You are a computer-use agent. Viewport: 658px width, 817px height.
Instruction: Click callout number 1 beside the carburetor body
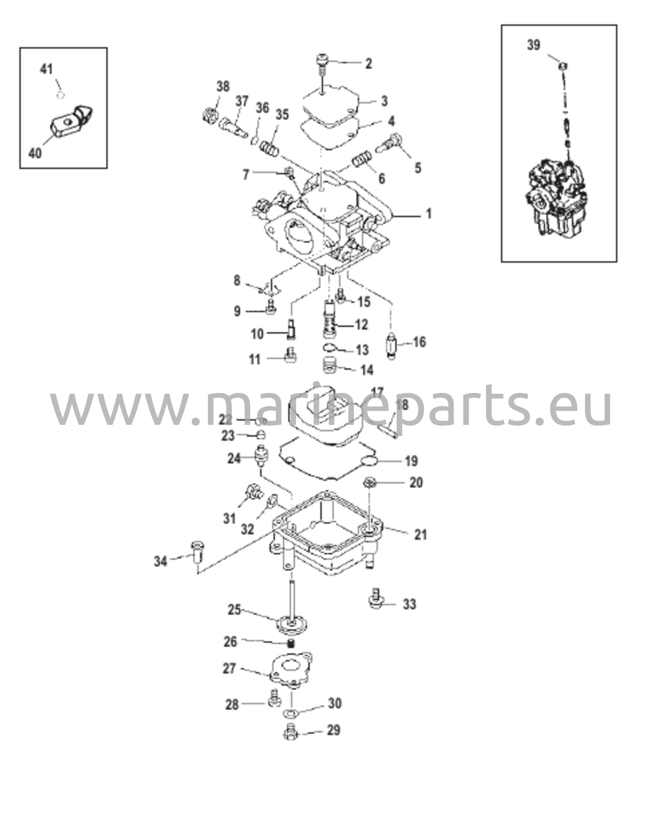pos(429,214)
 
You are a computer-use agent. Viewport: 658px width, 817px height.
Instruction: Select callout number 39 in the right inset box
pos(534,45)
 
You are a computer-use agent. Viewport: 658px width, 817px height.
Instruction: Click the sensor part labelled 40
pos(72,122)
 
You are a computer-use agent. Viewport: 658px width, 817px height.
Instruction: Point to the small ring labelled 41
pos(60,95)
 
